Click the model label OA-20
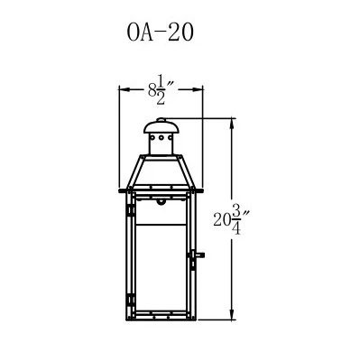[160, 32]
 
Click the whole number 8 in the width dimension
[152, 89]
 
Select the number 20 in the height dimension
[222, 219]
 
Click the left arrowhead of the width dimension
[125, 89]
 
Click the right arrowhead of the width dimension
[198, 89]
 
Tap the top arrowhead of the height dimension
[233, 124]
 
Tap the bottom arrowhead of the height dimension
[233, 315]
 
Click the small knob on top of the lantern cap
[162, 120]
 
